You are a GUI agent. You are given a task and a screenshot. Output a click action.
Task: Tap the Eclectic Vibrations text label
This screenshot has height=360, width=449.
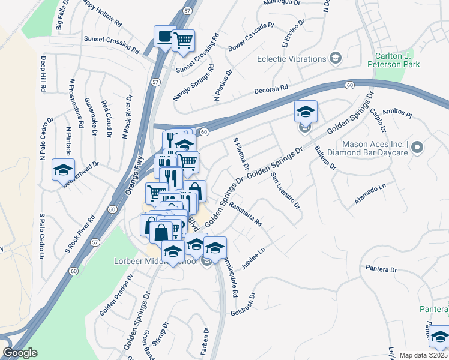(291, 59)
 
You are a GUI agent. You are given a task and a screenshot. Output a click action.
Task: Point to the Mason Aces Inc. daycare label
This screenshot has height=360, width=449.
(375, 148)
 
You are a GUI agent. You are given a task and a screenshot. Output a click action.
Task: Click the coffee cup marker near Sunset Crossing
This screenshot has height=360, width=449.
(164, 37)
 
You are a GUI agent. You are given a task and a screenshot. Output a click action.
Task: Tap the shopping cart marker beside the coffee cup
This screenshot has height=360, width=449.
(183, 41)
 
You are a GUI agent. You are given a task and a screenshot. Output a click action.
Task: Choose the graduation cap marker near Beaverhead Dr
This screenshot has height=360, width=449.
(62, 170)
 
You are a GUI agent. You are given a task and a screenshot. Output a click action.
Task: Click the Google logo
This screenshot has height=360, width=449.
(20, 352)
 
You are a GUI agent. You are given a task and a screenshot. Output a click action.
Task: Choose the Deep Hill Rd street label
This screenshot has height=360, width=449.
(44, 74)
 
